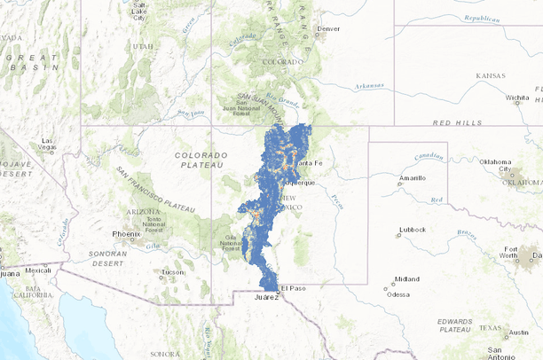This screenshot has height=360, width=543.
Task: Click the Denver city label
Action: point(328,28)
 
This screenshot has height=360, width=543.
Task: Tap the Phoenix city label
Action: point(126,234)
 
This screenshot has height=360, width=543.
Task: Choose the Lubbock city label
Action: point(413,229)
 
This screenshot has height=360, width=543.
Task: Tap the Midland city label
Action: point(407,278)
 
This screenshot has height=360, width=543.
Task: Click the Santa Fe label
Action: point(311,164)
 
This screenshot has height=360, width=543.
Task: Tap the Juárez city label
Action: point(266,298)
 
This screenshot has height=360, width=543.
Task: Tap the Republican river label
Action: point(480,17)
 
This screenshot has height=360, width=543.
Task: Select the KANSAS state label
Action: point(490,76)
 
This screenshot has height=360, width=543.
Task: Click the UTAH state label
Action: point(143,45)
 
